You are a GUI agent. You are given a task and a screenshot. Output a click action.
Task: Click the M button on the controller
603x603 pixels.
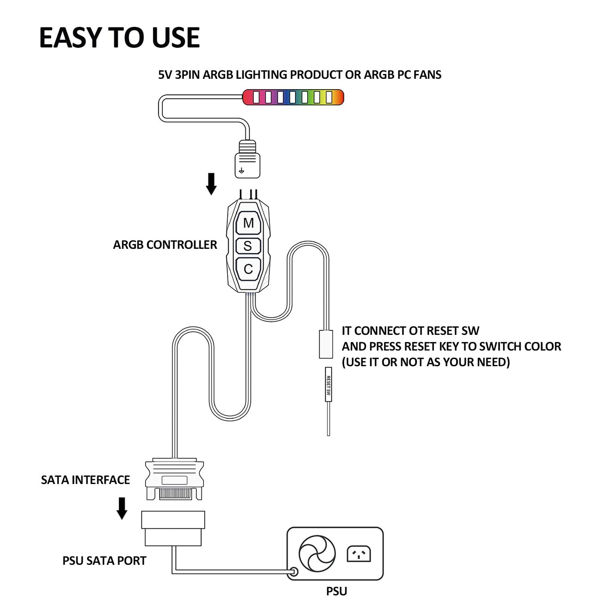pyautogui.click(x=248, y=223)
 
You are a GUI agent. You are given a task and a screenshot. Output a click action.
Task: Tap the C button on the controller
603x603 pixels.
pyautogui.click(x=248, y=269)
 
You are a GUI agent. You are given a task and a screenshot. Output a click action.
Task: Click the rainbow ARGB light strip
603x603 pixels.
pyautogui.click(x=293, y=97)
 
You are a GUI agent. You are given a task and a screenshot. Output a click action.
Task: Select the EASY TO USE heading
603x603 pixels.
pyautogui.click(x=119, y=38)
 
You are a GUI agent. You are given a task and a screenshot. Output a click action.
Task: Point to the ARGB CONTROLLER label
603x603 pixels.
pyautogui.click(x=165, y=245)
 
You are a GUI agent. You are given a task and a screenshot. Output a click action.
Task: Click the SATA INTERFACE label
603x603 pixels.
pyautogui.click(x=85, y=480)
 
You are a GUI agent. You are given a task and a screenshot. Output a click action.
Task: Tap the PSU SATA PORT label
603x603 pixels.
pyautogui.click(x=104, y=560)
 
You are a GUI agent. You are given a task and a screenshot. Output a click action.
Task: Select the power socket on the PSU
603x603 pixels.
pyautogui.click(x=359, y=554)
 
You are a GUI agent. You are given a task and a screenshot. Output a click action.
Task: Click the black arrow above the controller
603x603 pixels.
pyautogui.click(x=211, y=184)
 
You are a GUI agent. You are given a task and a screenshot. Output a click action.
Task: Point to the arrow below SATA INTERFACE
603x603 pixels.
pyautogui.click(x=122, y=508)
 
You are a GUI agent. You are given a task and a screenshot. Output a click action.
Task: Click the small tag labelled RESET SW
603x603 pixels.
pyautogui.click(x=328, y=385)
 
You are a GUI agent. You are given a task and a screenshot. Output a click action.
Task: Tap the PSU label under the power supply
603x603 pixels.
pyautogui.click(x=336, y=591)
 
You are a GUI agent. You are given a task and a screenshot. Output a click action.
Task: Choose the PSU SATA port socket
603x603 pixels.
pyautogui.click(x=173, y=528)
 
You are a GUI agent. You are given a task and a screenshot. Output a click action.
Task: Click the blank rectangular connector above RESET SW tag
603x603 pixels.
pyautogui.click(x=326, y=344)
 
